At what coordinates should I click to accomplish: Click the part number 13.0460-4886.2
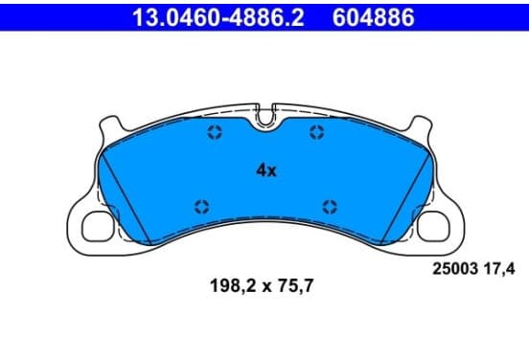218,17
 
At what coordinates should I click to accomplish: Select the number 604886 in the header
374,17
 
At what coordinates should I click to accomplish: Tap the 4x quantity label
266,170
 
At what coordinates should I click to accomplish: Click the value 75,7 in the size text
295,285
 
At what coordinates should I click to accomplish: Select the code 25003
455,269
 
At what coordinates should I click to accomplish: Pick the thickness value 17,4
499,269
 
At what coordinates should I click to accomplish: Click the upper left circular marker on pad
215,132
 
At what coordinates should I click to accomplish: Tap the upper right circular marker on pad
317,132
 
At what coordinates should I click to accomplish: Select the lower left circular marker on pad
202,207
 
